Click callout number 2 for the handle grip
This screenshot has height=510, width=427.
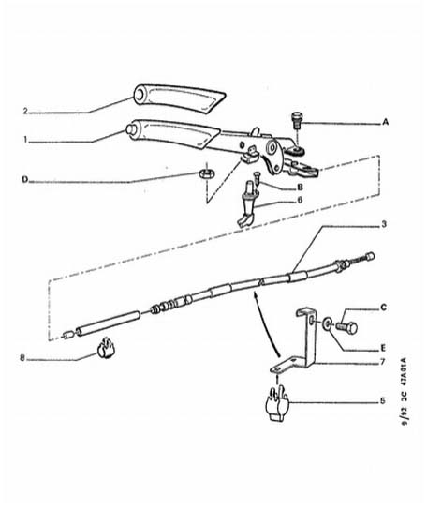point(25,111)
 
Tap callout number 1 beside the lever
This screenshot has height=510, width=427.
point(25,139)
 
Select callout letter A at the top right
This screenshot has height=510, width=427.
point(385,122)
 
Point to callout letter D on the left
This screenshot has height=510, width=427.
point(24,180)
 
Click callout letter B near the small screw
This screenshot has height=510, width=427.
point(300,187)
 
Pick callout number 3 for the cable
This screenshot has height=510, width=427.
point(384,224)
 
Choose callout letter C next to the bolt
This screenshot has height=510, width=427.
point(383,307)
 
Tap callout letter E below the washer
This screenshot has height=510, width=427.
point(383,348)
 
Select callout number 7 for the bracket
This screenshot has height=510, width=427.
point(382,361)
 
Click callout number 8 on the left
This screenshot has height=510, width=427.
point(22,358)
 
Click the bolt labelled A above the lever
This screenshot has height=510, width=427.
point(296,120)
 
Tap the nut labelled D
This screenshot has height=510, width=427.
point(205,173)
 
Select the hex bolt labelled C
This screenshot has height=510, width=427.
point(346,326)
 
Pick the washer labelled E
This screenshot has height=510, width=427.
point(326,323)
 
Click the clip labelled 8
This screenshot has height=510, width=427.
point(106,348)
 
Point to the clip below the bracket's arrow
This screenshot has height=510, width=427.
point(277,403)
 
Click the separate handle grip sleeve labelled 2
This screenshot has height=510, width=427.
point(180,98)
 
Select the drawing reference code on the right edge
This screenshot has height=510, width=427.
point(405,392)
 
